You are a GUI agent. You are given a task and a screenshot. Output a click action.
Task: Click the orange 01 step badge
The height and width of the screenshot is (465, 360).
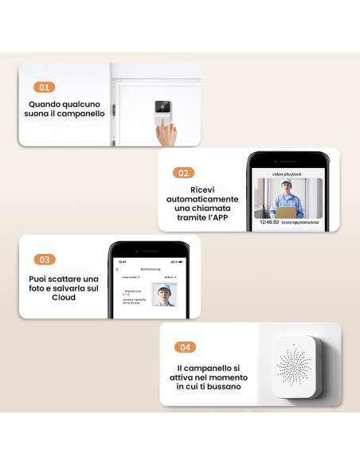[x=45, y=88]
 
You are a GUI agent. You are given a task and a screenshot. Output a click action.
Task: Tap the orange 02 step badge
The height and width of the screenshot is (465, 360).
[x=184, y=172]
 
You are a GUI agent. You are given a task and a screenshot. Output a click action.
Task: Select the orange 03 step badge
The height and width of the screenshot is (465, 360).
[x=45, y=260]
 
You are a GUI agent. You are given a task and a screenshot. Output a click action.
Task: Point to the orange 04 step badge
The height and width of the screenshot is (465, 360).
[x=186, y=347]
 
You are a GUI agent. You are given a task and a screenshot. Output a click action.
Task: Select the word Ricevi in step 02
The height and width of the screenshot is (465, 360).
[x=202, y=189]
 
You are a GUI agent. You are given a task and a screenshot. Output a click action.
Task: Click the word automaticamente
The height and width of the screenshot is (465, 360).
[x=202, y=199]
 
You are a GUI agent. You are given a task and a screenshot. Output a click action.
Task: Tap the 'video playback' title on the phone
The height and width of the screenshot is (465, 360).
[x=287, y=173]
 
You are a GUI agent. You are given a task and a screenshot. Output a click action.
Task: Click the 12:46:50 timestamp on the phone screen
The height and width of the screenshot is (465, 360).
[x=269, y=222]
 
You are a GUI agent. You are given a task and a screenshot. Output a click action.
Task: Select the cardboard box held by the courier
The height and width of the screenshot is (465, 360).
[x=284, y=210]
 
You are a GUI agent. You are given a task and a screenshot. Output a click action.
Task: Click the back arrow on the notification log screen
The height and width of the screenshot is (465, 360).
[x=118, y=270]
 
